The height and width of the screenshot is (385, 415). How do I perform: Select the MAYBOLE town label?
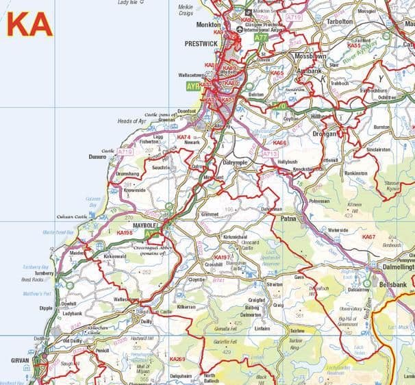pos(144,223)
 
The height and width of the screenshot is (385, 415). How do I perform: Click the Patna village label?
pos(287,219)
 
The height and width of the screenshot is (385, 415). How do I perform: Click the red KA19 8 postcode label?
pos(125,233)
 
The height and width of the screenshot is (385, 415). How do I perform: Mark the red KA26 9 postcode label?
pos(177,358)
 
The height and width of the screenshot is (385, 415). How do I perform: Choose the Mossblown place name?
pos(307,55)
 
